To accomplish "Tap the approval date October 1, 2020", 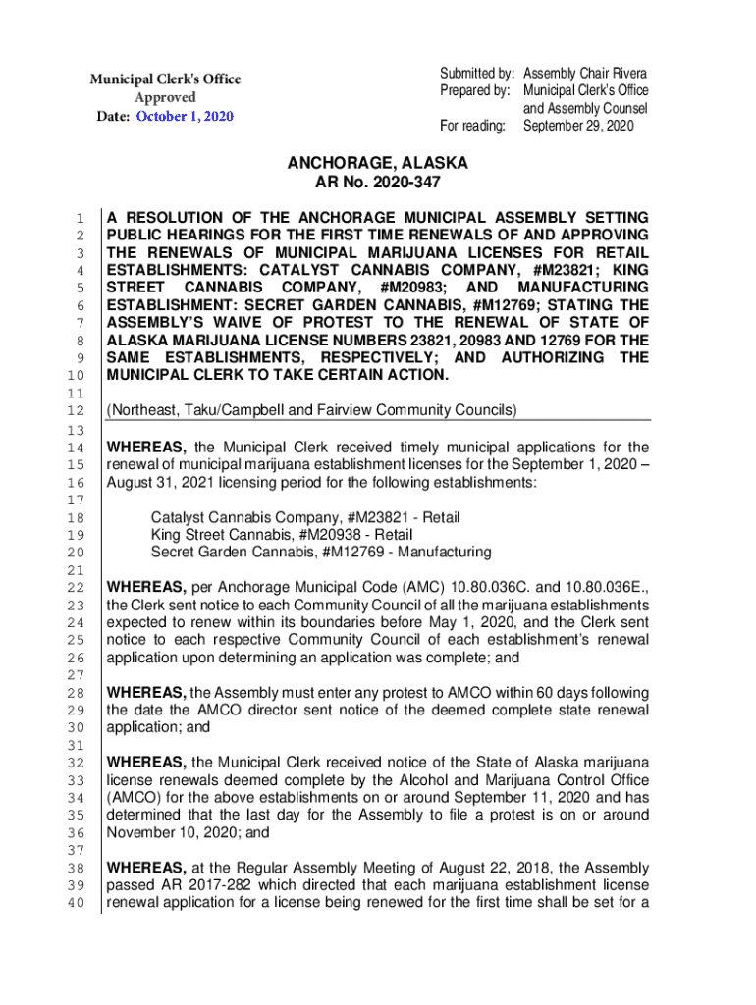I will pos(185,117).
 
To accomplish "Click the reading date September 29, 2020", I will pos(578,127).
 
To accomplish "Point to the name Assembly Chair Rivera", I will pos(585,74).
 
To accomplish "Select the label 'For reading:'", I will pos(473,127).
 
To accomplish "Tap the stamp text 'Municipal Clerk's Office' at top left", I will pos(166,79).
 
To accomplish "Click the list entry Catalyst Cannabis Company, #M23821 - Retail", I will pos(305,517).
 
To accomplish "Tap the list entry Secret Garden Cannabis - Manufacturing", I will pos(321,553).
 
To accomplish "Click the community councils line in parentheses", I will pos(311,409).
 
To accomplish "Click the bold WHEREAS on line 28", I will pos(146,692).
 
